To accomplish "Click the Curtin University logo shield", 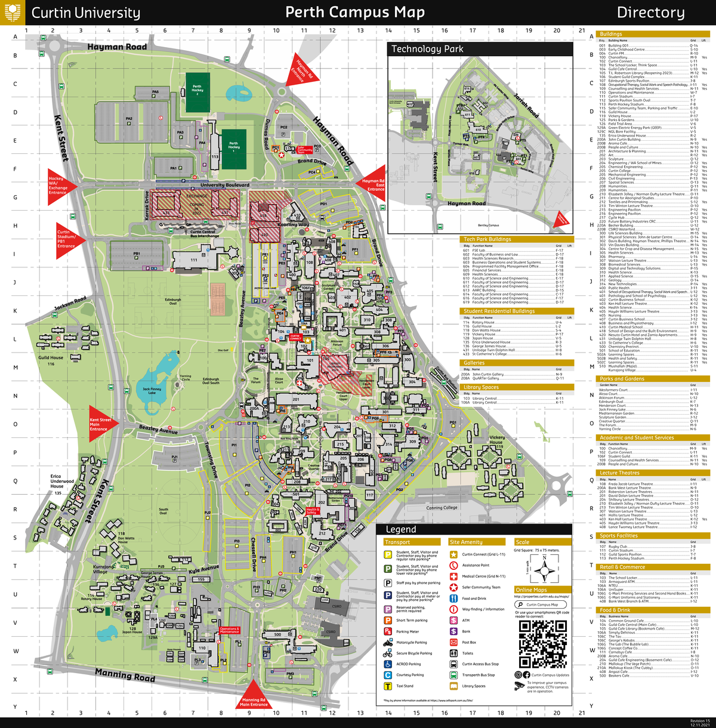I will (13, 12).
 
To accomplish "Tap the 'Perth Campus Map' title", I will (355, 13).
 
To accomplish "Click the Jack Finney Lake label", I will (152, 391).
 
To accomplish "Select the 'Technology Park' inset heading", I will (427, 50).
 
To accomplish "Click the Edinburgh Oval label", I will (173, 301).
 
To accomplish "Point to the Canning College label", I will (442, 508).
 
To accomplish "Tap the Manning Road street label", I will (125, 675).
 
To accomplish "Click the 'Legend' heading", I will (401, 529).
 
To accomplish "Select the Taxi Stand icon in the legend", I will (387, 686).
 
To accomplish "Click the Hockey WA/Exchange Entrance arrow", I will (61, 185).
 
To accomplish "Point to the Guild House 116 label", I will (51, 360).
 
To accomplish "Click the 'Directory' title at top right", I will (650, 13).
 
